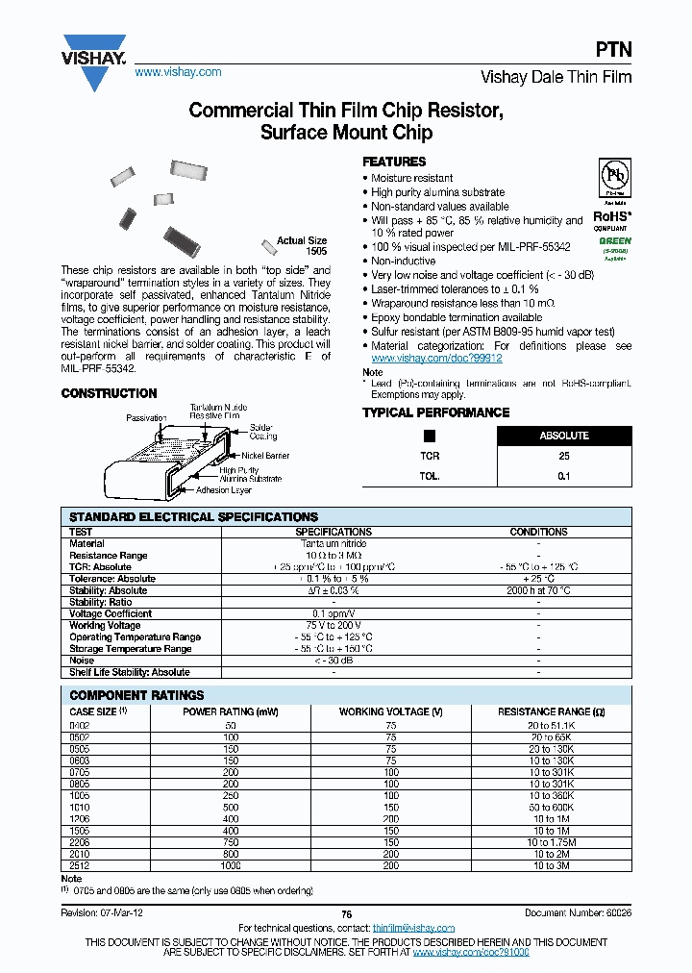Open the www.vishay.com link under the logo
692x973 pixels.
click(x=178, y=72)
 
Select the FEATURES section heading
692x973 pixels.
click(x=393, y=162)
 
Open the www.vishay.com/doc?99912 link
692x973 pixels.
click(x=437, y=358)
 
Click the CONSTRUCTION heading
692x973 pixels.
click(x=109, y=393)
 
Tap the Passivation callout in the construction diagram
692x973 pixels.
click(x=147, y=418)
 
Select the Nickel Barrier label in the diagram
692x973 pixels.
click(x=266, y=455)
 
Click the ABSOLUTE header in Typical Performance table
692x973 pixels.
click(x=563, y=436)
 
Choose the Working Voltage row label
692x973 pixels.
click(x=105, y=625)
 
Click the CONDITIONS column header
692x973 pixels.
click(x=538, y=532)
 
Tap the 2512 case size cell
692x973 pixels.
click(x=80, y=865)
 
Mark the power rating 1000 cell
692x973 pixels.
click(x=231, y=865)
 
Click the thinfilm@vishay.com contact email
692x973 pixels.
click(x=413, y=928)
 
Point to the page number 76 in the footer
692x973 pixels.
click(x=346, y=912)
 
